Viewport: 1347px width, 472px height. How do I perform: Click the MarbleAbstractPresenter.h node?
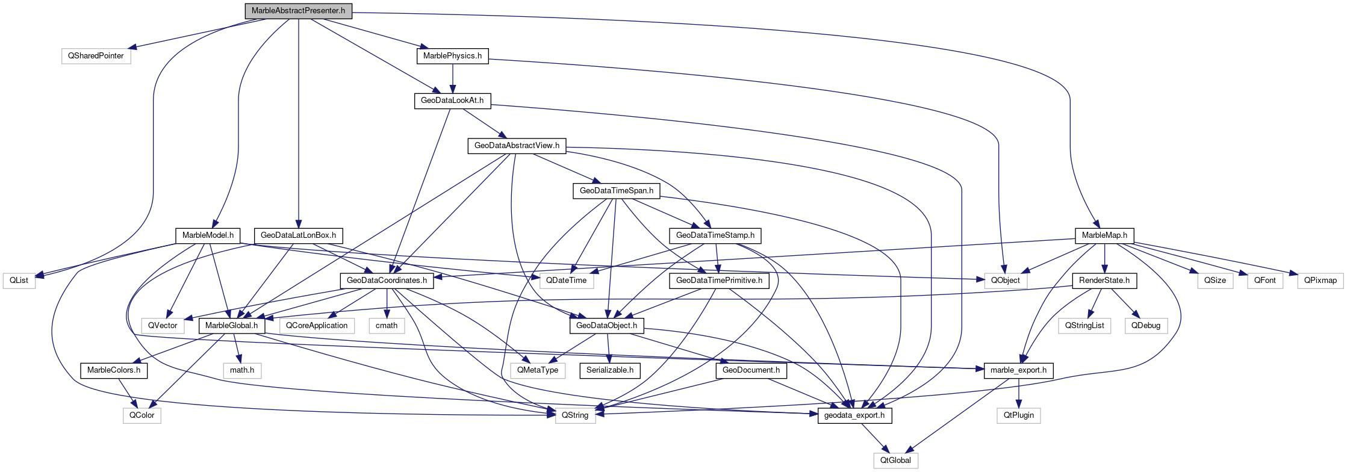(x=298, y=11)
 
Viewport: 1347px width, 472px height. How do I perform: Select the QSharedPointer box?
(x=96, y=56)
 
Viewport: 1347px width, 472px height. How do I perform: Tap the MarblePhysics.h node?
(x=452, y=56)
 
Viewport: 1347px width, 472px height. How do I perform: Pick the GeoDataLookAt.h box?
(x=452, y=101)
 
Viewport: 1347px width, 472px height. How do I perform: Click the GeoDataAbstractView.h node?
(x=517, y=146)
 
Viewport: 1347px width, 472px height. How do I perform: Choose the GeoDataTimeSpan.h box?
(x=616, y=191)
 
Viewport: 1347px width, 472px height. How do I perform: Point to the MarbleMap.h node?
(x=1104, y=235)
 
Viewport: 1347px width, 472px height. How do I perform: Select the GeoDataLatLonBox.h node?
(x=298, y=235)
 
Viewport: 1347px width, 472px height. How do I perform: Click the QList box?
(x=19, y=281)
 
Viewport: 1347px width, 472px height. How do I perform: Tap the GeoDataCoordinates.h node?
(x=387, y=281)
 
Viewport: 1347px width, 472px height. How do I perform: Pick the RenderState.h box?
(x=1104, y=281)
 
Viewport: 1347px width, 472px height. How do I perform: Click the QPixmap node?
(x=1320, y=281)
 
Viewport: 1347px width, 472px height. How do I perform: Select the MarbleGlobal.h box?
(x=231, y=326)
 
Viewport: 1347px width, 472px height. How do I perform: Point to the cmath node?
(x=387, y=326)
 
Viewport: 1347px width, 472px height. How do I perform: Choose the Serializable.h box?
(x=609, y=370)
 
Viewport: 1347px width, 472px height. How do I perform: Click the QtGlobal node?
(x=895, y=461)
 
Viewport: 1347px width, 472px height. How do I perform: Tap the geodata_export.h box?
(x=854, y=415)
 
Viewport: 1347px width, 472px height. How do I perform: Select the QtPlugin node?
(x=1018, y=415)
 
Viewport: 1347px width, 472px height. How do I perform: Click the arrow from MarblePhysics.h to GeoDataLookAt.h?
(x=452, y=78)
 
